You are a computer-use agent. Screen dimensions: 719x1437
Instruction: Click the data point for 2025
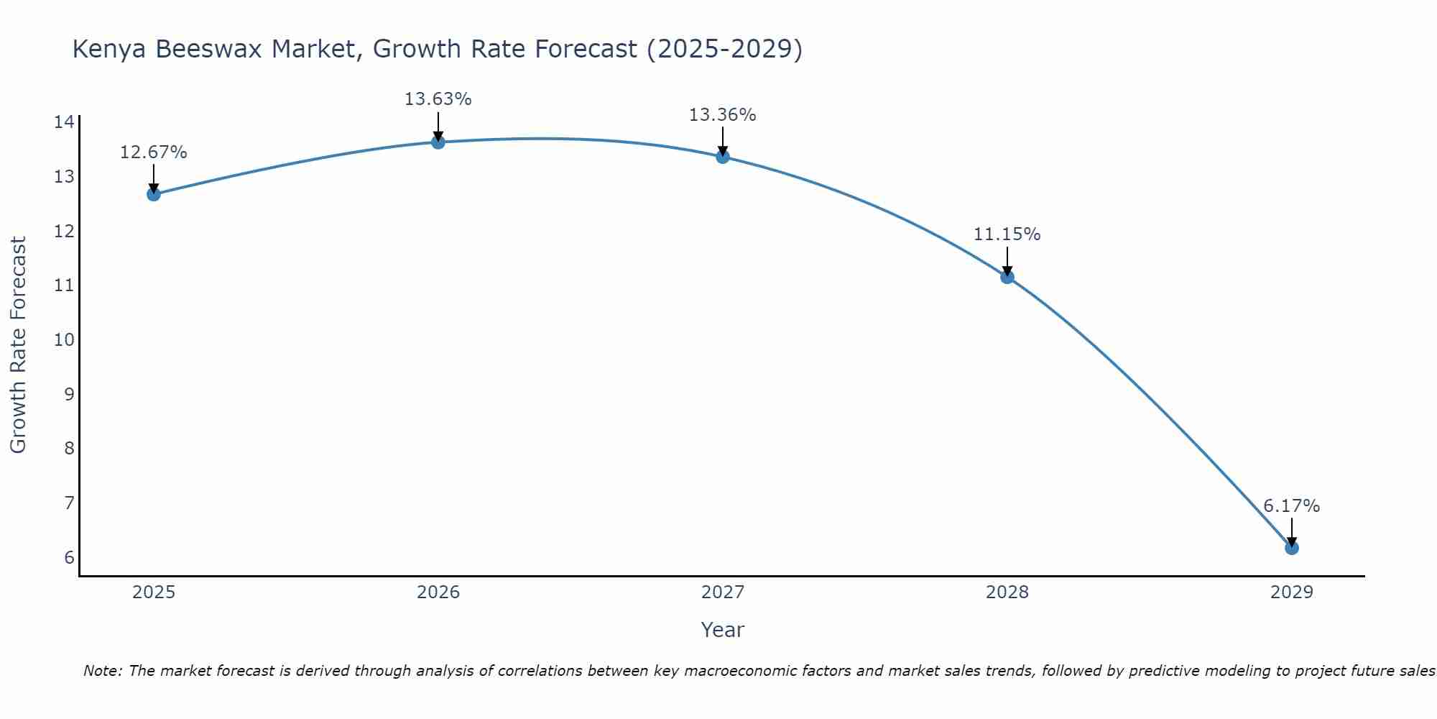coord(154,194)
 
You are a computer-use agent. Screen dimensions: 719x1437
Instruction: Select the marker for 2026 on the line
coord(438,142)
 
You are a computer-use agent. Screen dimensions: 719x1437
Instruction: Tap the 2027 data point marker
coord(723,157)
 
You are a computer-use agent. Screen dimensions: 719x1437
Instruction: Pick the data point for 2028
coord(1007,277)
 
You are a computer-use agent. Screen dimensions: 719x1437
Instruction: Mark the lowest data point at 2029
coord(1291,548)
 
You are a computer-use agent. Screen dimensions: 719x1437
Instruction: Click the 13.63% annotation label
coord(438,99)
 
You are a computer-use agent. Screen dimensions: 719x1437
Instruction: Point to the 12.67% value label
coord(153,152)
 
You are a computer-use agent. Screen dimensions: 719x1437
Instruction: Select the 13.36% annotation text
coord(722,115)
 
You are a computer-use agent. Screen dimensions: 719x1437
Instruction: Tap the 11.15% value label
coord(1007,234)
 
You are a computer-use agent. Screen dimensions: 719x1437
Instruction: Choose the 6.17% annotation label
coord(1291,506)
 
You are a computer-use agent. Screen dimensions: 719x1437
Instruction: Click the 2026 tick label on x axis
coord(438,592)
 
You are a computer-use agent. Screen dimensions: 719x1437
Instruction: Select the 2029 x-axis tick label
coord(1291,592)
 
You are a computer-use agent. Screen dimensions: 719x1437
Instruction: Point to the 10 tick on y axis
coord(64,340)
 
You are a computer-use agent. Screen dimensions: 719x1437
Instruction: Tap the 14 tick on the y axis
coord(64,122)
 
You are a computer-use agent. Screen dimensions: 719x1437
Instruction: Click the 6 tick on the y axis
coord(69,558)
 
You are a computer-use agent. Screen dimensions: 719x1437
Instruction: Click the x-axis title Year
coord(722,630)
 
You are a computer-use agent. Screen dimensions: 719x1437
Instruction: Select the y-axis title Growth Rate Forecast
coord(18,345)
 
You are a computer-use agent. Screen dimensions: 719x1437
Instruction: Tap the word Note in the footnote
coord(101,671)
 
